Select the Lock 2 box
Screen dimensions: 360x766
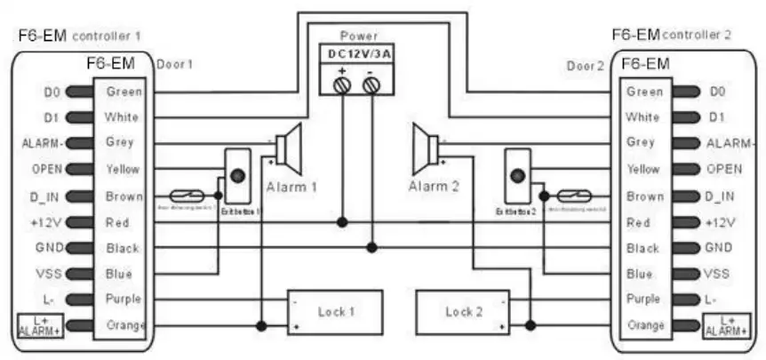click(x=464, y=312)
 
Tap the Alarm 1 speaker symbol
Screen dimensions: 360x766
click(x=289, y=147)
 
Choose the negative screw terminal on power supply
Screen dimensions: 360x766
click(x=371, y=84)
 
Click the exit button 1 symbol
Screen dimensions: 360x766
click(x=238, y=175)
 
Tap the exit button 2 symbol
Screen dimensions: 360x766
click(x=516, y=175)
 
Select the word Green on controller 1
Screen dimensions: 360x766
click(x=123, y=91)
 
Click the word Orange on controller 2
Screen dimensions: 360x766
click(x=644, y=325)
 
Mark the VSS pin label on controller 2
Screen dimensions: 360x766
click(x=716, y=275)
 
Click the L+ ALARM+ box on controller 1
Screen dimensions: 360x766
click(x=36, y=325)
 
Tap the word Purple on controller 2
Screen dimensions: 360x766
click(x=643, y=300)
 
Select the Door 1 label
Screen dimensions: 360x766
click(x=174, y=65)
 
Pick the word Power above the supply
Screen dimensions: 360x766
click(x=358, y=36)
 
